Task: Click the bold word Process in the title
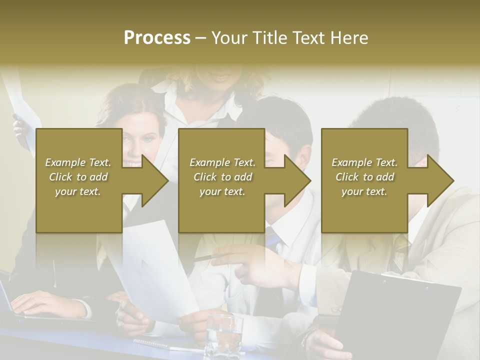point(157,38)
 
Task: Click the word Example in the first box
point(65,162)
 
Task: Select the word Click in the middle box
point(204,176)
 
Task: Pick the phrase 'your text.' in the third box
point(364,191)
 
